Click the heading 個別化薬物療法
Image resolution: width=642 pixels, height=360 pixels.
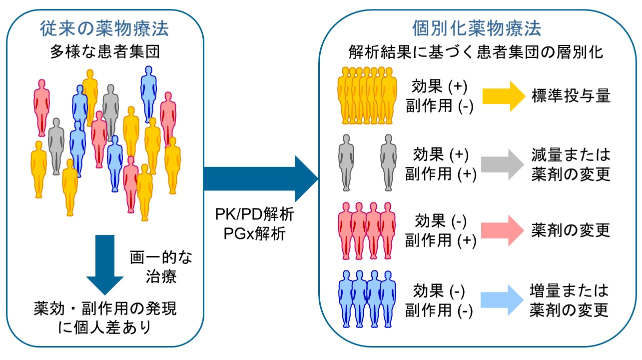coord(477,28)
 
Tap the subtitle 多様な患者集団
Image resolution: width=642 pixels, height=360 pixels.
coord(104,52)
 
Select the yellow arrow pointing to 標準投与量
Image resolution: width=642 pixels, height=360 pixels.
coord(501,96)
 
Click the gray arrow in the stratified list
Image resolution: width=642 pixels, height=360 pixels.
coord(501,164)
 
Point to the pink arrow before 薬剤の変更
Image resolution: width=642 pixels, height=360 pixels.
coord(501,230)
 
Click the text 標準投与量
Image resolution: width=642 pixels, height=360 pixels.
coord(571,96)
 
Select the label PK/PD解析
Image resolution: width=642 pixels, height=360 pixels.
coord(254,216)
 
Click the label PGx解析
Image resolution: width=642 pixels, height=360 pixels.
coord(254,233)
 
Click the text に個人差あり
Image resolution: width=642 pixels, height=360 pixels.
coord(104,327)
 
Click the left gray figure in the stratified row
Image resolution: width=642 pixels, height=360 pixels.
coord(346,162)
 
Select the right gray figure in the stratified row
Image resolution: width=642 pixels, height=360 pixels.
coord(388,162)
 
